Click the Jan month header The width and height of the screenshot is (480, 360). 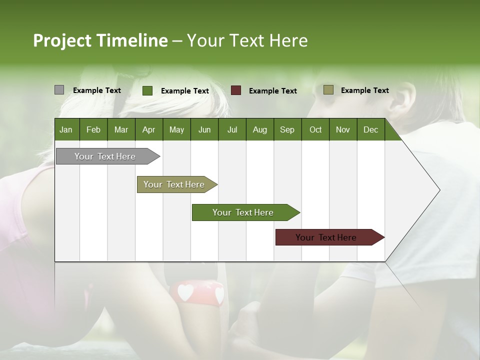click(x=66, y=130)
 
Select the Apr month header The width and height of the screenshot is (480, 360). click(x=148, y=130)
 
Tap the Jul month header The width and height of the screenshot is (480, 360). click(x=232, y=130)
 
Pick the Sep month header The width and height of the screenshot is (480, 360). click(x=287, y=130)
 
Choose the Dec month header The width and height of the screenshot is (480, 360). click(x=370, y=130)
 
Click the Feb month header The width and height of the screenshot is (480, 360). click(x=93, y=130)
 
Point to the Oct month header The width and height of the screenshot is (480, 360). click(x=315, y=130)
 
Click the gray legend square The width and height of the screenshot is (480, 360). click(x=59, y=90)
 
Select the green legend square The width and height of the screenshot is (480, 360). click(x=147, y=90)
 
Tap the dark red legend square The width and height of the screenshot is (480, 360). click(x=236, y=90)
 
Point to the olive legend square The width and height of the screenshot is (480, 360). click(x=328, y=90)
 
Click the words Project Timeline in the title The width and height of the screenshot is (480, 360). click(x=100, y=40)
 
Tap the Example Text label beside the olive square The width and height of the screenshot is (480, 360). click(x=364, y=90)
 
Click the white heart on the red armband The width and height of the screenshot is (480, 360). click(x=185, y=292)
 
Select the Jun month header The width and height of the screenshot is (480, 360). click(x=204, y=130)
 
